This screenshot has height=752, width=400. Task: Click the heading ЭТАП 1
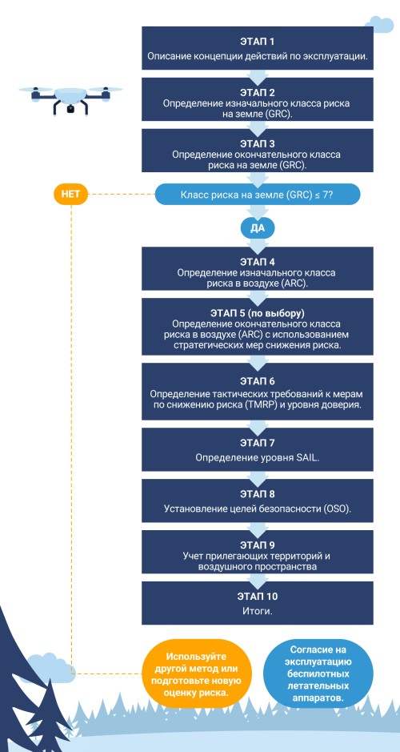click(x=258, y=42)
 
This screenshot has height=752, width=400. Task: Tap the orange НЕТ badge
click(x=71, y=195)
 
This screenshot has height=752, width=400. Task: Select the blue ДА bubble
click(x=258, y=228)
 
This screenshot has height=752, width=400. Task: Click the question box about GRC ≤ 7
click(x=258, y=195)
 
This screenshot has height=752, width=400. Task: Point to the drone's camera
click(x=71, y=109)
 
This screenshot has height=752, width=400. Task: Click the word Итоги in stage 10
click(x=258, y=612)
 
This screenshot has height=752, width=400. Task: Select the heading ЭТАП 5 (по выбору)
click(x=258, y=314)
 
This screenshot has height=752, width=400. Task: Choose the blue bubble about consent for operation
click(x=318, y=674)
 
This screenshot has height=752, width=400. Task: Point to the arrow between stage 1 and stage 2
click(x=258, y=74)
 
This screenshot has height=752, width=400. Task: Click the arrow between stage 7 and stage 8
click(x=258, y=476)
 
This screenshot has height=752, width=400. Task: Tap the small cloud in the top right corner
click(x=379, y=25)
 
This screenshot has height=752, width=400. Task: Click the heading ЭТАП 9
click(x=258, y=545)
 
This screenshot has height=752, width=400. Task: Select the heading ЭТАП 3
click(x=258, y=144)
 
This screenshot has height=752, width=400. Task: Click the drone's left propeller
click(x=35, y=90)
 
